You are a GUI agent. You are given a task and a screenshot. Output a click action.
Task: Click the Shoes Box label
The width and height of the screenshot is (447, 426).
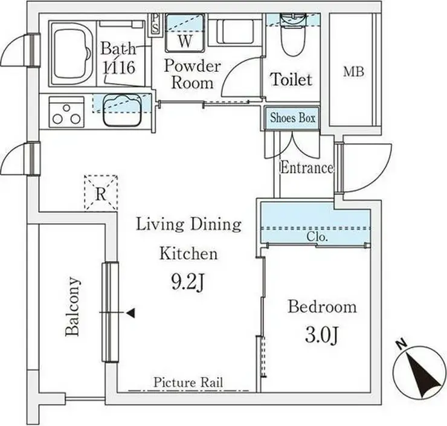point(292,118)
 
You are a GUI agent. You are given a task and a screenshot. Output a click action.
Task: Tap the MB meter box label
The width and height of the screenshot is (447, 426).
point(353,71)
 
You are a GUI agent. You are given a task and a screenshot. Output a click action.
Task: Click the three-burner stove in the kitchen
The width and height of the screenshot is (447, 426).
point(66,112)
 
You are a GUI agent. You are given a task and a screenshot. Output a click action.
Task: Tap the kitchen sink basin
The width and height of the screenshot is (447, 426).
point(122,111)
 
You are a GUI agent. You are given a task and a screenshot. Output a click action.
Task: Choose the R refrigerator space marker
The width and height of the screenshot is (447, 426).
point(101,193)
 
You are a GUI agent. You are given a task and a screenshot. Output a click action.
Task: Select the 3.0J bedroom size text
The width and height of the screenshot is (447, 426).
point(321,335)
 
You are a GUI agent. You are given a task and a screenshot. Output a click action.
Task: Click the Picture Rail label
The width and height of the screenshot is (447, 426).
point(188,382)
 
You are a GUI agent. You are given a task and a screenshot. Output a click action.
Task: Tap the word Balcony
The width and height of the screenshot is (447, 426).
point(72,306)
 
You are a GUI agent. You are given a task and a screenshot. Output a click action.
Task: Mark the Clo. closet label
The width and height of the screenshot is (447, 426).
point(317,236)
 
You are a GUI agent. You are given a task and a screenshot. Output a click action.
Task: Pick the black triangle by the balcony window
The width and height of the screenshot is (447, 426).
point(130,313)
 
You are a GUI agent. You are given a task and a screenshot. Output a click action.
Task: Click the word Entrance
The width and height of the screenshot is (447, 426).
point(307,167)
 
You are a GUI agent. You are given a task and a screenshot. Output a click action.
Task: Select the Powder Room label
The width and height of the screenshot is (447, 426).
point(193,74)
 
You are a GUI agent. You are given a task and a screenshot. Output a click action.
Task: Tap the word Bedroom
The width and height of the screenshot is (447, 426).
point(322,307)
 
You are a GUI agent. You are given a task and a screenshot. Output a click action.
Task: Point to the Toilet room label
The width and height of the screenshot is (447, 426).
point(291,79)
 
